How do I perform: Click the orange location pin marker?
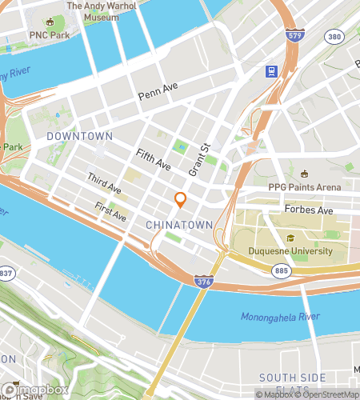point(181,200)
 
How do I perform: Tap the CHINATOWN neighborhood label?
point(179,226)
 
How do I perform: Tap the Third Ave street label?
point(104,183)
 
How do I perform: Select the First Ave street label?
point(110,212)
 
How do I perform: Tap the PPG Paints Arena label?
point(304,187)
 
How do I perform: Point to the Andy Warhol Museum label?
point(102,10)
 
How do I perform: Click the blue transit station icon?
point(272,71)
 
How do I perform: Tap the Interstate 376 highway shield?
point(203,281)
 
